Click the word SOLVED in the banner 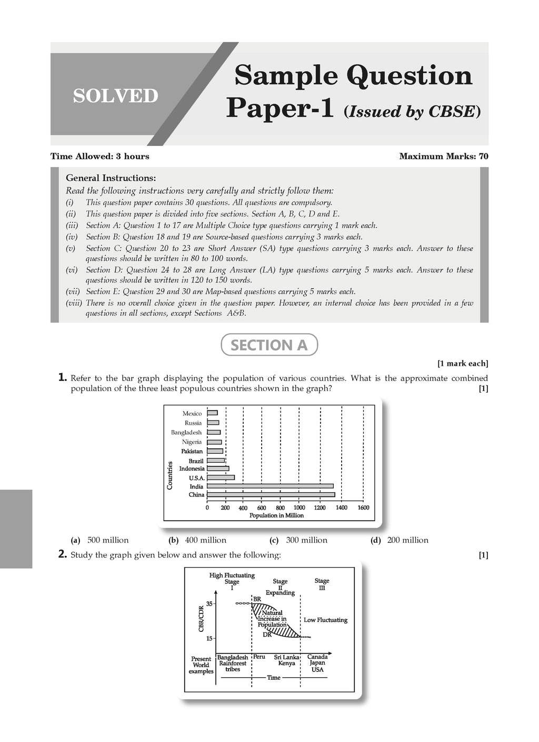tap(115, 96)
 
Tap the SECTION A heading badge tap(269, 345)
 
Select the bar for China tap(271, 494)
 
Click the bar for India tap(270, 486)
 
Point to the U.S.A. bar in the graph tap(221, 477)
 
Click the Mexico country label tap(192, 414)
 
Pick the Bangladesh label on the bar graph tap(186, 432)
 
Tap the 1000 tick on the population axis tap(299, 507)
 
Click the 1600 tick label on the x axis tap(363, 507)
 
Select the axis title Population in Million tap(276, 515)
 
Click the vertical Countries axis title tap(170, 475)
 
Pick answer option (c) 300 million tap(306, 540)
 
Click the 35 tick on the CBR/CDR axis tap(209, 604)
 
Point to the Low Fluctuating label tap(325, 620)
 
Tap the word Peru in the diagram tap(259, 657)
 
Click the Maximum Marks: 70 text tap(444, 156)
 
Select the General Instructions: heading tap(111, 178)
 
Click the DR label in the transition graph tap(267, 634)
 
